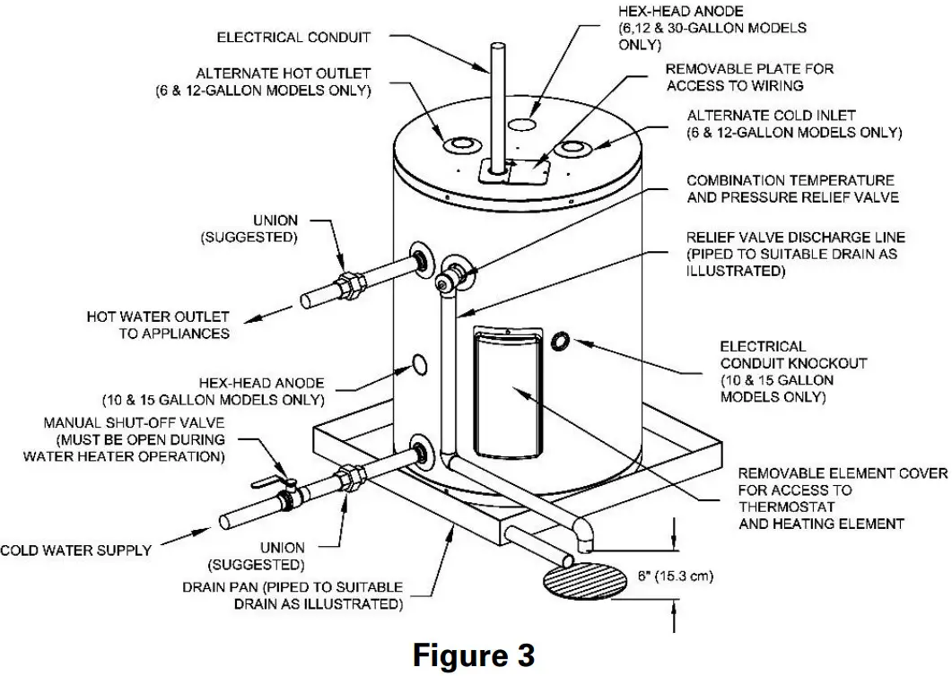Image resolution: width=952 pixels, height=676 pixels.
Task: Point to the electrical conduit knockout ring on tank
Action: click(x=561, y=341)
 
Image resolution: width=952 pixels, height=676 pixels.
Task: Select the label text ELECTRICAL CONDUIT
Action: click(x=294, y=38)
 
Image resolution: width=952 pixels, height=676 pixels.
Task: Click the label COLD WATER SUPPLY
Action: click(x=75, y=550)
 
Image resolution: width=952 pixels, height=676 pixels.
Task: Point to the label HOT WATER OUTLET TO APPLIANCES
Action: click(x=158, y=325)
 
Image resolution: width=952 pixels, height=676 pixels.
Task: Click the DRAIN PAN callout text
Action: click(x=293, y=595)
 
